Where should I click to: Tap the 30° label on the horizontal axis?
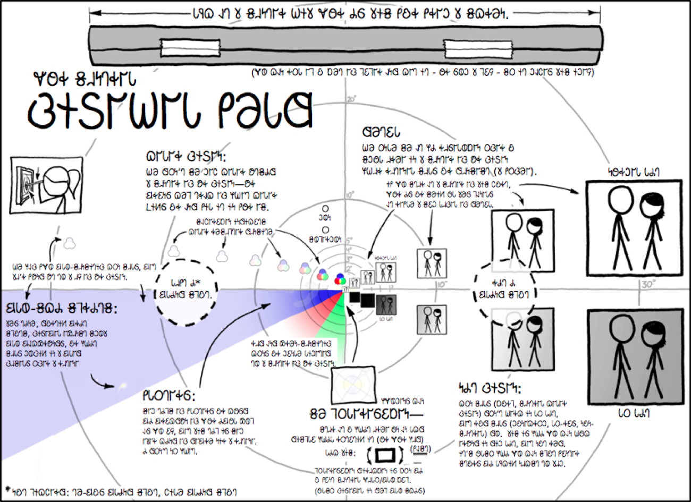[646, 285]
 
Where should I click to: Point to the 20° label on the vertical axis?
[351, 99]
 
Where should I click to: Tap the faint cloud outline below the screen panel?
[70, 243]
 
